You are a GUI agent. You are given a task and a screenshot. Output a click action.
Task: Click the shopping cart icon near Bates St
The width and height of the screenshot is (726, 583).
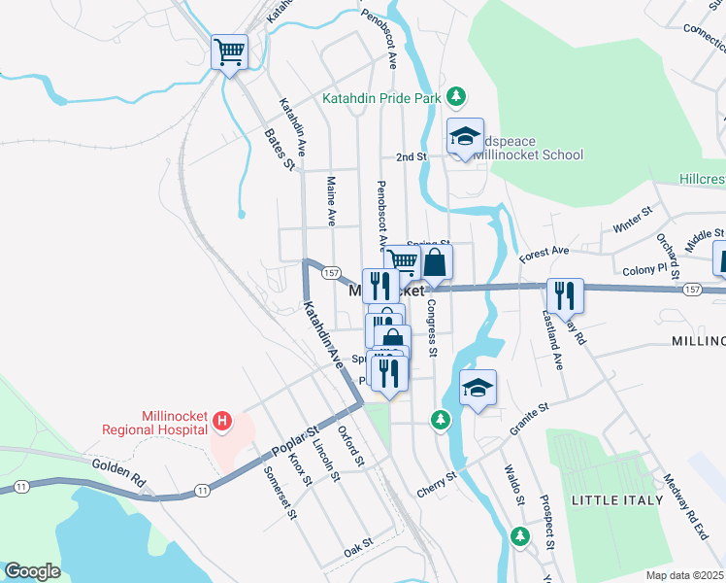[x=229, y=51]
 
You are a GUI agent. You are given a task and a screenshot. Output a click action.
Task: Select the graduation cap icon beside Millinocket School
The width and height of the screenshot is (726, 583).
[x=465, y=137]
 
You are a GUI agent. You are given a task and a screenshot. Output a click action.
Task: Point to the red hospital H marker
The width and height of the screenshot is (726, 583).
[x=222, y=421]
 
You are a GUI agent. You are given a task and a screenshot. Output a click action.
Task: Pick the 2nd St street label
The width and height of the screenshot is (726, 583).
[x=411, y=156]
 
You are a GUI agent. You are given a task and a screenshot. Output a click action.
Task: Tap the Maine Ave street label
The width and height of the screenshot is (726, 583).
[x=331, y=198]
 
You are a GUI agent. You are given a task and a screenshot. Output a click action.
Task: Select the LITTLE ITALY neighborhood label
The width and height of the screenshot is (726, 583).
[x=608, y=499]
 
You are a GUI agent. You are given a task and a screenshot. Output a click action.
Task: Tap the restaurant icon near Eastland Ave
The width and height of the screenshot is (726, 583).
[x=562, y=295]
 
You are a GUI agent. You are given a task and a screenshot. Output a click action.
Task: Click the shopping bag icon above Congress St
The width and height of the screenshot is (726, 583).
[x=435, y=262]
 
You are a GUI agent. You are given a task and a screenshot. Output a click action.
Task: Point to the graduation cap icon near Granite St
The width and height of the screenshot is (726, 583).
[x=478, y=388]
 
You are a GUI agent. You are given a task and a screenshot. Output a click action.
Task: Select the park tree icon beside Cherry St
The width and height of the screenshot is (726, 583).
[x=442, y=419]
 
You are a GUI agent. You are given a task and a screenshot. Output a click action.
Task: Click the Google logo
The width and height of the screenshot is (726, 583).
[x=32, y=571]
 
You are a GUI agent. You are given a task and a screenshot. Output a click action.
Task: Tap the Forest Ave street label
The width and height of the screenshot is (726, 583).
[x=544, y=255]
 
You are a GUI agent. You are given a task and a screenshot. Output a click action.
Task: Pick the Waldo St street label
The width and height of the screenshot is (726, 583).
[x=513, y=485]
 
